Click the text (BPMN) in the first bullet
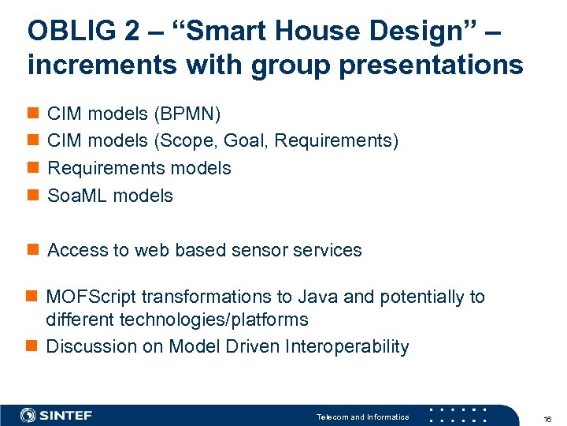coord(187,114)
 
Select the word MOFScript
coord(91,297)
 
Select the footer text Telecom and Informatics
coord(362,417)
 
